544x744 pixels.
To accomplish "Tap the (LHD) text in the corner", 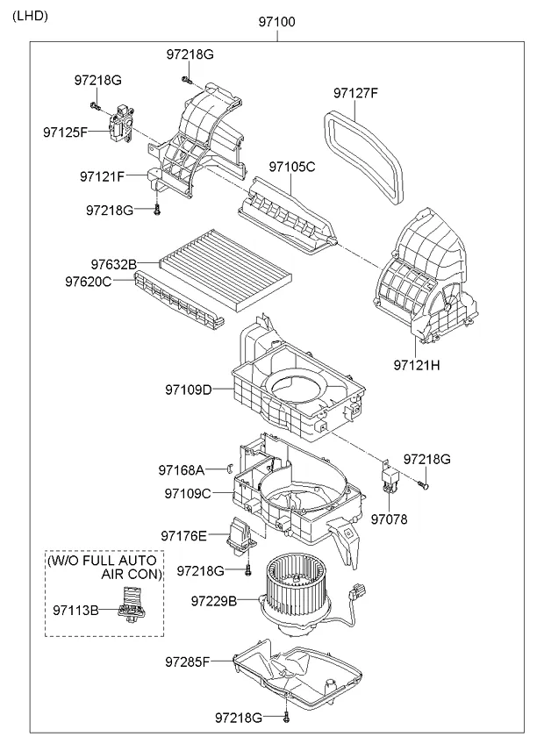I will tap(31, 16).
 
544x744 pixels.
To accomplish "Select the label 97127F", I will tap(356, 92).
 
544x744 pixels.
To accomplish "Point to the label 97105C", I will tap(292, 166).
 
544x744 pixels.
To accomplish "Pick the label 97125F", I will tap(65, 132).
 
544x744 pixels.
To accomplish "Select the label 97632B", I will tap(113, 264).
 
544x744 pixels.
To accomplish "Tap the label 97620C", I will tap(88, 282).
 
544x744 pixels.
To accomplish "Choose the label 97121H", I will tap(416, 362).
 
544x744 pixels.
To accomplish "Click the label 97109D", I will tap(188, 389).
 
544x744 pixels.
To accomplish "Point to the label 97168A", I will tap(181, 470).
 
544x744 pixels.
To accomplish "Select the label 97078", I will tap(389, 519).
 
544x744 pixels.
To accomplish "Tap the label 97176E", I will tap(183, 535).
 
